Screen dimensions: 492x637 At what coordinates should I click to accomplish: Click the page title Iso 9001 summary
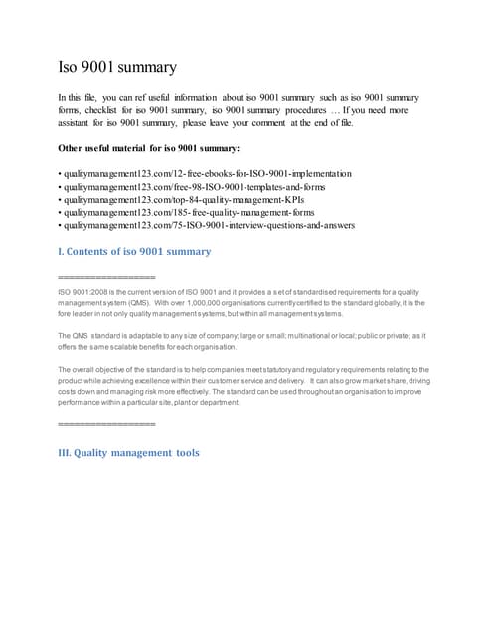[116, 68]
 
